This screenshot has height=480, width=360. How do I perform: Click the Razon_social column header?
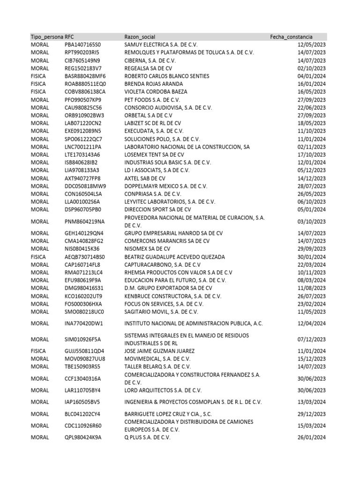140,37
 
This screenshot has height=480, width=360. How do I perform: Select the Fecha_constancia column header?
291,37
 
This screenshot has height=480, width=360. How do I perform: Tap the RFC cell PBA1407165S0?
83,45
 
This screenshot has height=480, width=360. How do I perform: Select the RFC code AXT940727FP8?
82,179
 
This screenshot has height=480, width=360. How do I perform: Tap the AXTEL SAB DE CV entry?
145,179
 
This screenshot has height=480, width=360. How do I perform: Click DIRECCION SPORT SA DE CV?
157,210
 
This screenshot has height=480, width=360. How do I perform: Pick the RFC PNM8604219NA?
85,221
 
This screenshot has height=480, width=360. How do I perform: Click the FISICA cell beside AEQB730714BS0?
38,257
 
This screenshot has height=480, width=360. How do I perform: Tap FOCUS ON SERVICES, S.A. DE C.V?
162,304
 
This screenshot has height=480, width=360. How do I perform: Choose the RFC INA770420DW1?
84,323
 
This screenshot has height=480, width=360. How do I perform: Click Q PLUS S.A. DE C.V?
147,437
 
